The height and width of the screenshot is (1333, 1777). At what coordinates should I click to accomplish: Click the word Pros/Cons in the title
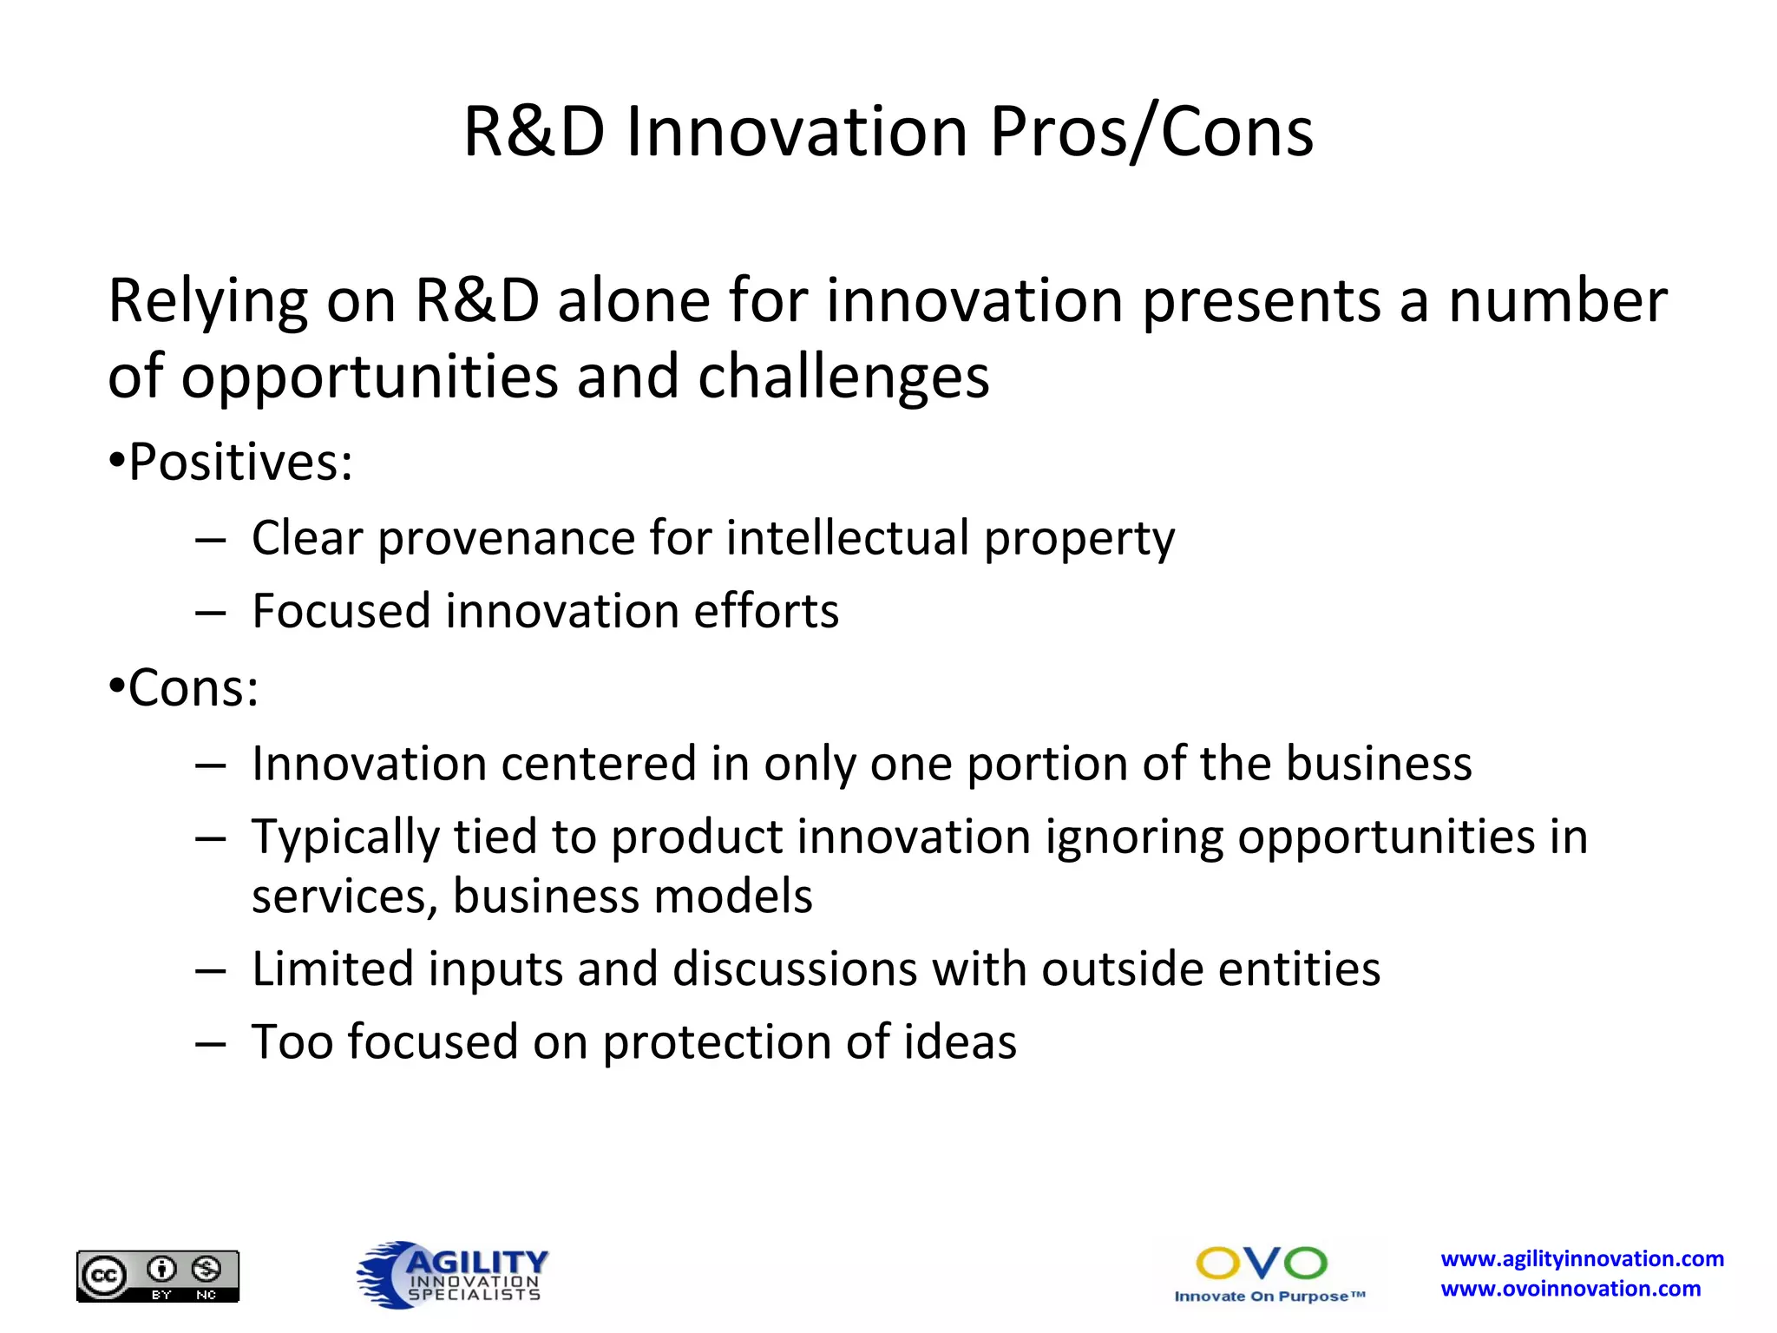pos(1151,133)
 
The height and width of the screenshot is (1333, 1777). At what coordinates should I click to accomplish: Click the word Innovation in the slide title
pos(797,133)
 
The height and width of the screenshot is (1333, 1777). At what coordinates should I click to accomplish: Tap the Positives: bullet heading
pos(240,462)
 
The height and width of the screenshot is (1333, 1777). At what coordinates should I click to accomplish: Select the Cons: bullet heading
pos(193,688)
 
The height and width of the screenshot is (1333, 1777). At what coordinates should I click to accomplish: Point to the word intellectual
pos(847,537)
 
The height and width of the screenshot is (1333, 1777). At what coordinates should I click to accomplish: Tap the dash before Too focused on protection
pos(210,1042)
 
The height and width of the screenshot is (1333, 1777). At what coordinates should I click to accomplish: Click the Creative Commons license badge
pos(158,1275)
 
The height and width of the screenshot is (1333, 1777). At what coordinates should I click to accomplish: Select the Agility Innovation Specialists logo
pos(453,1273)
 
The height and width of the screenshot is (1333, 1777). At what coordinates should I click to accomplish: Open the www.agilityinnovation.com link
pos(1582,1258)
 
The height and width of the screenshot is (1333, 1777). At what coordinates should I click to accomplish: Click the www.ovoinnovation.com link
pos(1570,1289)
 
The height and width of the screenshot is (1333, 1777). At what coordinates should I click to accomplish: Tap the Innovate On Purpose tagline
pos(1269,1297)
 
